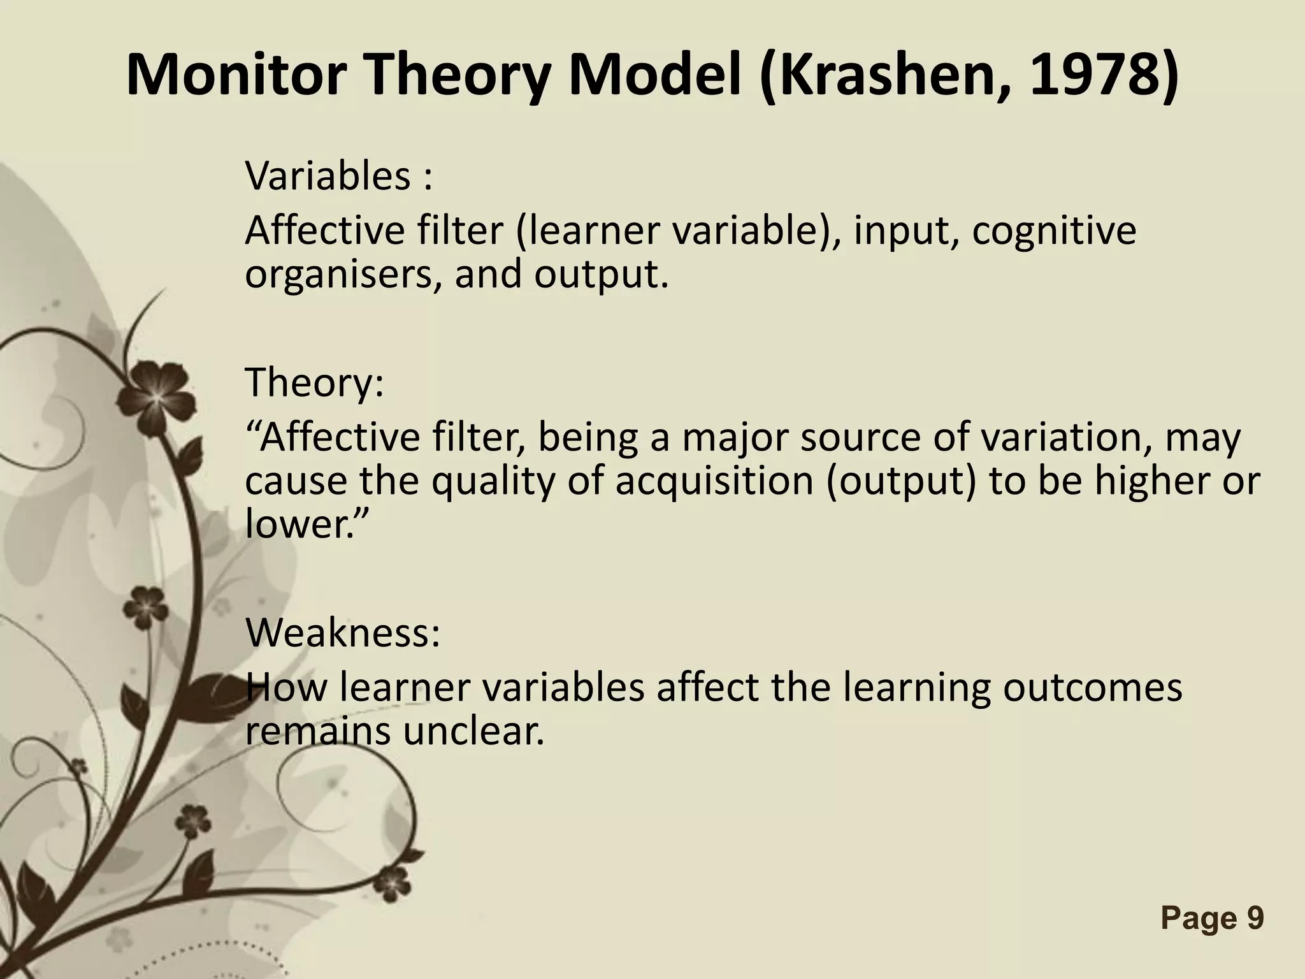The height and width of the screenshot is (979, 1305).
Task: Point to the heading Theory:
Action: coord(314,382)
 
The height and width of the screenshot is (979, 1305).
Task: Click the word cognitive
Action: coord(1054,230)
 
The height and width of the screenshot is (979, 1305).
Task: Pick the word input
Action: coord(905,230)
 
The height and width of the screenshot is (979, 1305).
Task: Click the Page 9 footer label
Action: coord(1212,918)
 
